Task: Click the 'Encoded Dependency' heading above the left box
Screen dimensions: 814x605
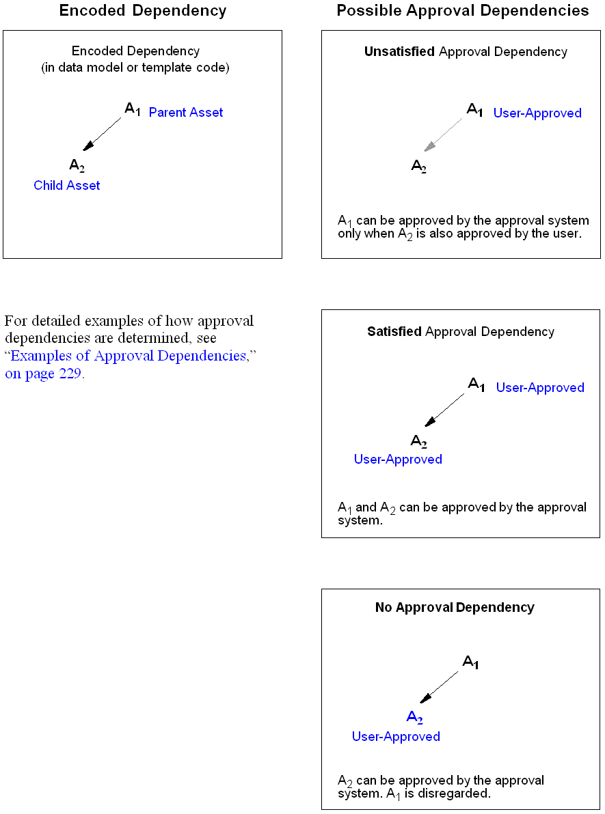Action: click(143, 11)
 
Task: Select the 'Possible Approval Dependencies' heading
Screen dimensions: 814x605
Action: click(463, 11)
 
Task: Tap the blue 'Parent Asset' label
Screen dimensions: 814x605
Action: click(186, 113)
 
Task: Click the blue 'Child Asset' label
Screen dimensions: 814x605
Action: click(67, 186)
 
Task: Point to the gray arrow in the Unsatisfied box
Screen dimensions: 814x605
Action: click(443, 135)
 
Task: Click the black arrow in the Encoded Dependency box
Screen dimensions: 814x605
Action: click(103, 134)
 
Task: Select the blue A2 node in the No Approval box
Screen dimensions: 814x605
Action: click(415, 717)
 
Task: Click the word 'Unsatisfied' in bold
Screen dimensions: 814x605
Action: click(400, 52)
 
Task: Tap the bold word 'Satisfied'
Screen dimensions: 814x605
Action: click(394, 332)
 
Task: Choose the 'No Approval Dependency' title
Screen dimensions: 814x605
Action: click(455, 608)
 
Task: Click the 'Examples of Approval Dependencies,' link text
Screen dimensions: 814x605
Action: click(130, 356)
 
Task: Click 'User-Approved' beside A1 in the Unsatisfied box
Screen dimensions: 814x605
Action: click(537, 113)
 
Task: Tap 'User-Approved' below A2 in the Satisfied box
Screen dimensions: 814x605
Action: click(398, 460)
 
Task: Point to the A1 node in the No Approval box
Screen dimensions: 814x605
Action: click(471, 662)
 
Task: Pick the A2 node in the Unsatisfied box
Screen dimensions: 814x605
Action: click(418, 166)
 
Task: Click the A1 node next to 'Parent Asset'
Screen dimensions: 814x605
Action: click(133, 109)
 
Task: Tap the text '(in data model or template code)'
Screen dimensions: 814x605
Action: click(135, 68)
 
